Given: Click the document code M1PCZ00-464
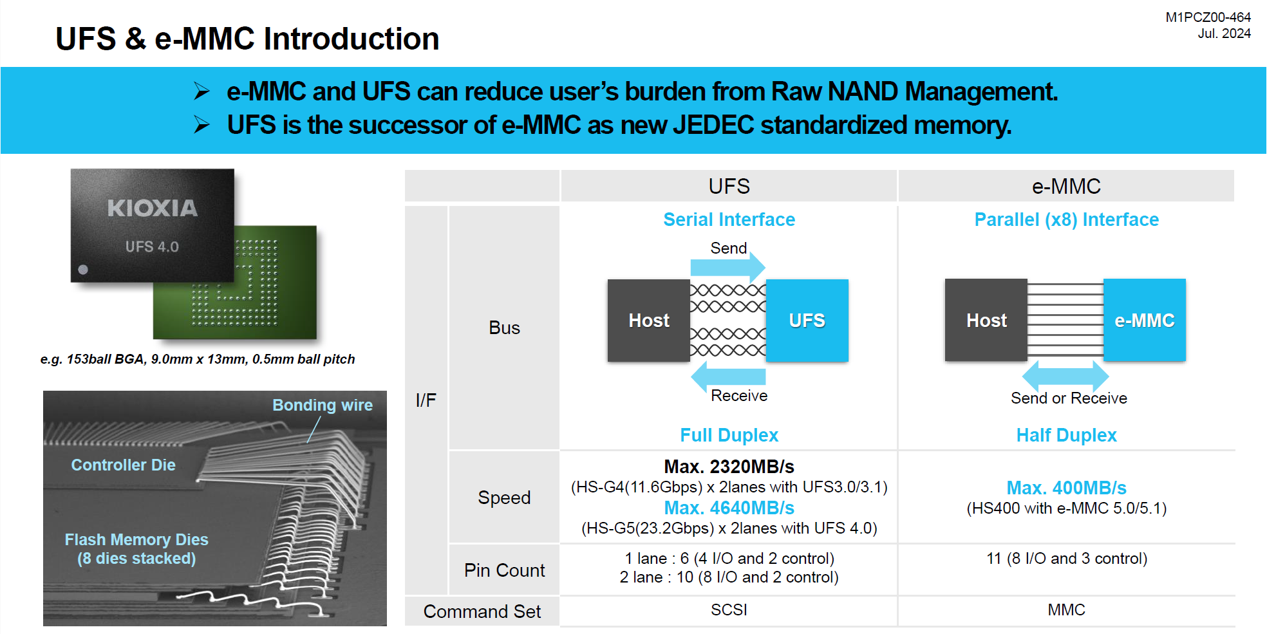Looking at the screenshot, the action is [1208, 17].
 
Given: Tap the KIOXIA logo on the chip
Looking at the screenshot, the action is [153, 208].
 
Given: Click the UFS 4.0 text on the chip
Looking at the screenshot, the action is [152, 247].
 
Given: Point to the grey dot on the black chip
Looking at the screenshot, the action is [83, 270].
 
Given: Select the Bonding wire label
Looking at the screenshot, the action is [323, 405].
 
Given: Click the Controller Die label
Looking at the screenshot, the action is [123, 465].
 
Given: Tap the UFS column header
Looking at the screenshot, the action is [729, 186].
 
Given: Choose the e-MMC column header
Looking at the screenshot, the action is [1066, 186].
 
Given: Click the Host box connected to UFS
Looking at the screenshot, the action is [649, 320].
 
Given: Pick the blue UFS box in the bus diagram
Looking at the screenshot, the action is [807, 320].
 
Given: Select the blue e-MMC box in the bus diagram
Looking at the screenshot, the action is [1145, 320].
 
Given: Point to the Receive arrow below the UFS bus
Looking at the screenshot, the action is [728, 376].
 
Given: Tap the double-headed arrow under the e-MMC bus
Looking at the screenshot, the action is [1065, 375].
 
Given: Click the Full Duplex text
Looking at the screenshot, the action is [729, 435].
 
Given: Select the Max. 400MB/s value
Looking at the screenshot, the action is [1066, 488].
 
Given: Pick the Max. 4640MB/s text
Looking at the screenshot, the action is [729, 508].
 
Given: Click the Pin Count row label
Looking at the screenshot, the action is [504, 570].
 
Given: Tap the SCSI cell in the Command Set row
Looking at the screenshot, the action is [729, 610].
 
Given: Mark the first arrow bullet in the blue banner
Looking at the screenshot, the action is [202, 91].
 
